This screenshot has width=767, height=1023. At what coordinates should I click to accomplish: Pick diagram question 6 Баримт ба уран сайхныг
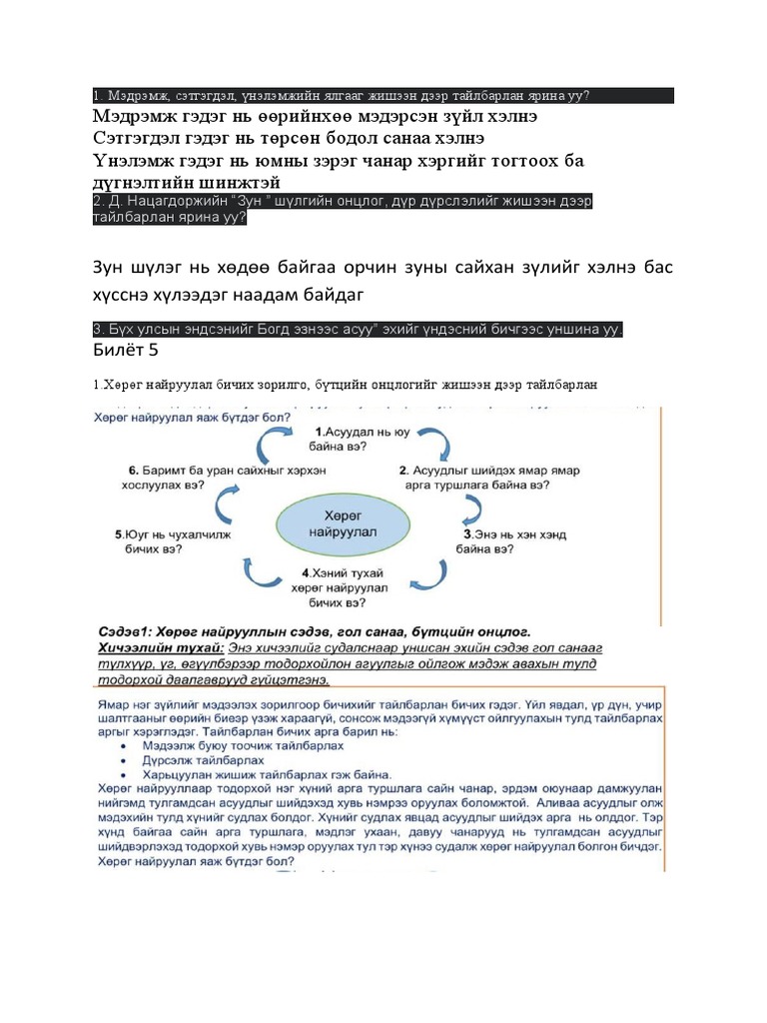[175, 476]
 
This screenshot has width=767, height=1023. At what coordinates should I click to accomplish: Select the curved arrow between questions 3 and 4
[432, 573]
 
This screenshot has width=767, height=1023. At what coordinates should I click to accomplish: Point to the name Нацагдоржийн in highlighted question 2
[166, 201]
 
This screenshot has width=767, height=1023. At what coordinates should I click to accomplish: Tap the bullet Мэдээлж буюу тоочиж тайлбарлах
[217, 745]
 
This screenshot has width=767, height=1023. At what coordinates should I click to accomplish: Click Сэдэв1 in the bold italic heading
[124, 633]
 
